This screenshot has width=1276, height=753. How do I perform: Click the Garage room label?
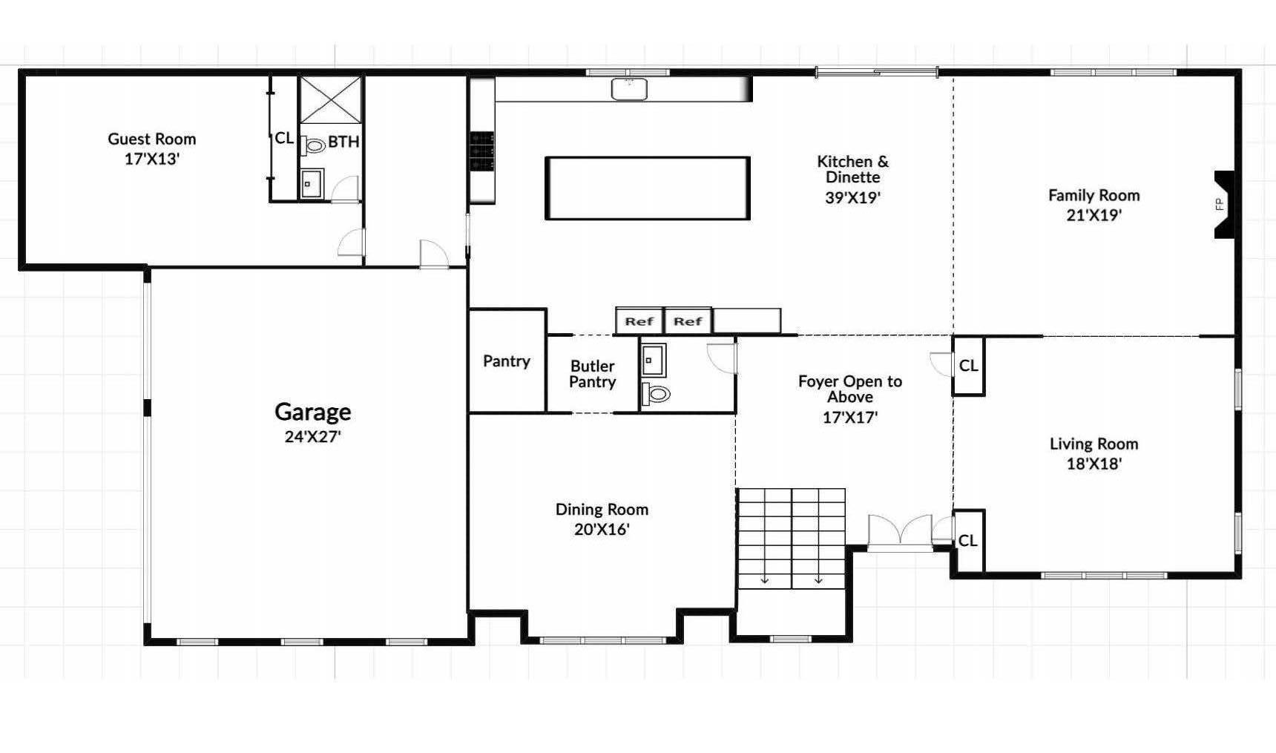(x=312, y=412)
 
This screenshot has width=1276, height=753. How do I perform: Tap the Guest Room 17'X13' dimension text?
(x=152, y=159)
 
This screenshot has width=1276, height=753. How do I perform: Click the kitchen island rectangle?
(x=648, y=188)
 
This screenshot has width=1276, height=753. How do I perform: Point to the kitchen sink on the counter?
(x=629, y=89)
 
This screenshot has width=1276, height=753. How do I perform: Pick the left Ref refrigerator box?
(x=639, y=321)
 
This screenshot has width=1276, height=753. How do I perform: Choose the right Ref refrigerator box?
(x=688, y=321)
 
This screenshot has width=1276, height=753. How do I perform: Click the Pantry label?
(x=507, y=361)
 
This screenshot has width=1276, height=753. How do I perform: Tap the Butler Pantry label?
(x=593, y=374)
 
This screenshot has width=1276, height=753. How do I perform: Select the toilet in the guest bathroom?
(x=314, y=145)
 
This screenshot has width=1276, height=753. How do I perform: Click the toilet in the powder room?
(x=656, y=393)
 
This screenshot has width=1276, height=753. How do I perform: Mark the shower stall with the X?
(x=331, y=99)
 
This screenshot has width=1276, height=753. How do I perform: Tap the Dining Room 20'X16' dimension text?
(x=602, y=530)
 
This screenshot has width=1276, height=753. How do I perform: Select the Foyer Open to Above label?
(x=850, y=389)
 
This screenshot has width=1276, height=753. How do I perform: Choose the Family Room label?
(x=1094, y=195)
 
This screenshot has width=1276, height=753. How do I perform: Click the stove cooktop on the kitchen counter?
(x=481, y=151)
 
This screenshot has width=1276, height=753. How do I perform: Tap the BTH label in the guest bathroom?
(x=343, y=141)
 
